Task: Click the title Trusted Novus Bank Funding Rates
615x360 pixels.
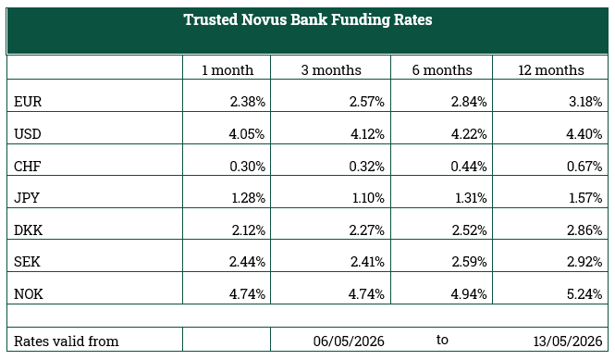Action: pyautogui.click(x=308, y=20)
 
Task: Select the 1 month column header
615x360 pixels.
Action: pyautogui.click(x=228, y=70)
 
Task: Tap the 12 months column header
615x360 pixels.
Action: pyautogui.click(x=551, y=70)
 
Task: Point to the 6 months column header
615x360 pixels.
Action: pyautogui.click(x=442, y=70)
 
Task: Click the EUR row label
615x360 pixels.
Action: pyautogui.click(x=28, y=102)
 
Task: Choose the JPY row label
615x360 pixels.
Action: pyautogui.click(x=27, y=197)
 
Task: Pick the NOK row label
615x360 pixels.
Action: pyautogui.click(x=29, y=294)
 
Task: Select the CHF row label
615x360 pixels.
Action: pyautogui.click(x=28, y=167)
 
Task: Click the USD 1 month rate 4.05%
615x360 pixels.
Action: pyautogui.click(x=247, y=134)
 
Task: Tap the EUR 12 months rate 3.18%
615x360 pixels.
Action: pyautogui.click(x=585, y=102)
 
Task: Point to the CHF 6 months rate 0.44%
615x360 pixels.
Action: pyautogui.click(x=469, y=167)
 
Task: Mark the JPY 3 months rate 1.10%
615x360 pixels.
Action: pyautogui.click(x=368, y=197)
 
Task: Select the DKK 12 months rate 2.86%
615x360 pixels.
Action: pyautogui.click(x=584, y=230)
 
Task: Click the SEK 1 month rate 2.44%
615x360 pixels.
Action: pyautogui.click(x=247, y=262)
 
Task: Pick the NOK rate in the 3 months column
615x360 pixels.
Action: pyautogui.click(x=366, y=294)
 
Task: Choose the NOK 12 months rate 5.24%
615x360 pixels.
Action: pyautogui.click(x=584, y=294)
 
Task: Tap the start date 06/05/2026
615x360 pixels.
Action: pyautogui.click(x=349, y=341)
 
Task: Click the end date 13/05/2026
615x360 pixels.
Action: pyautogui.click(x=568, y=341)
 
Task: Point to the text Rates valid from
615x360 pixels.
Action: pyautogui.click(x=67, y=341)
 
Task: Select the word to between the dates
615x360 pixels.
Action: pyautogui.click(x=442, y=340)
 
